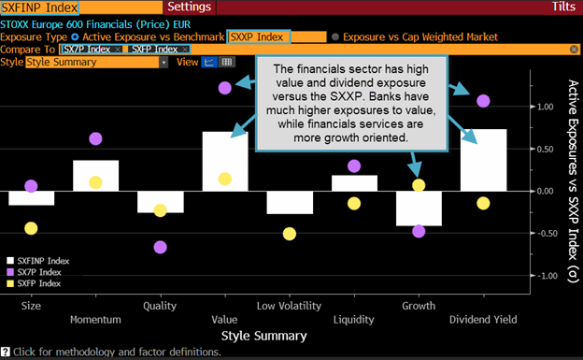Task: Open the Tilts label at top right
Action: pos(563,7)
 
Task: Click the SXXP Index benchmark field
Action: pos(259,36)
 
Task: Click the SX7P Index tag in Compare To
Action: pos(90,49)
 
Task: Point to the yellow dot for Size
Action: pos(31,228)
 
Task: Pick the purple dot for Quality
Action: pos(161,247)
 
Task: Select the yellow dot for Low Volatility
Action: pos(290,234)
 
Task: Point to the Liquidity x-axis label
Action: pos(353,306)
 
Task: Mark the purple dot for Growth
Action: pos(419,231)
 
